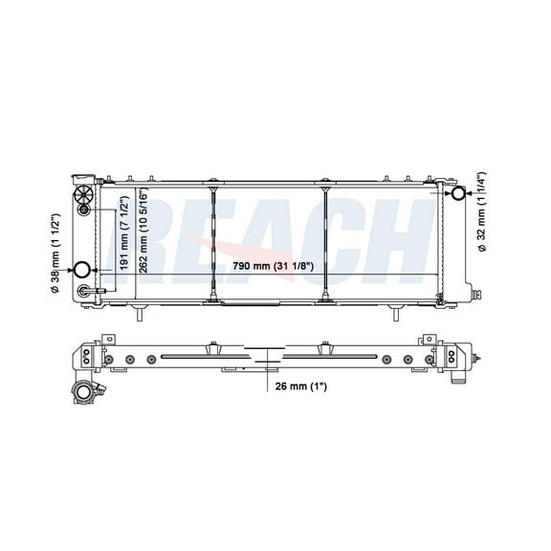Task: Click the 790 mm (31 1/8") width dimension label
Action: (275, 267)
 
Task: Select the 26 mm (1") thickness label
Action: (298, 387)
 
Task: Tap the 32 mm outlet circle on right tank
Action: (458, 194)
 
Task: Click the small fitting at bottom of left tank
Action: (84, 291)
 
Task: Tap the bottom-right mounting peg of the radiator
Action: (391, 312)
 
